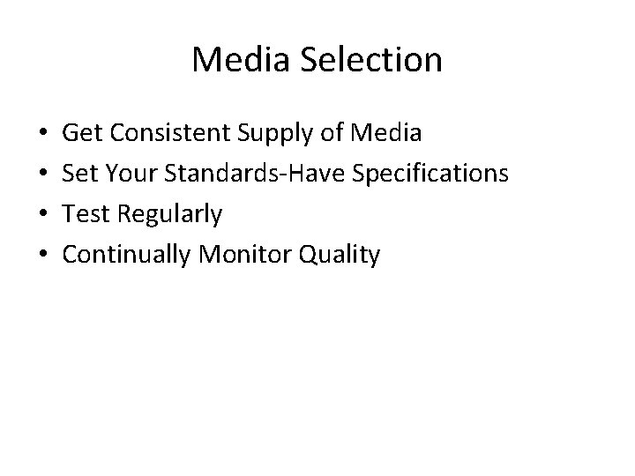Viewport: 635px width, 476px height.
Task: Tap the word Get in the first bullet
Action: (82, 134)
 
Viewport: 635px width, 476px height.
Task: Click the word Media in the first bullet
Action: (385, 134)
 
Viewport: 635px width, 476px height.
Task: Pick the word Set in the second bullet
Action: (80, 175)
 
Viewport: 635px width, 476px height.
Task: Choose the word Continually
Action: (128, 257)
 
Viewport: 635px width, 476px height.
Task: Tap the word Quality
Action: (341, 257)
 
